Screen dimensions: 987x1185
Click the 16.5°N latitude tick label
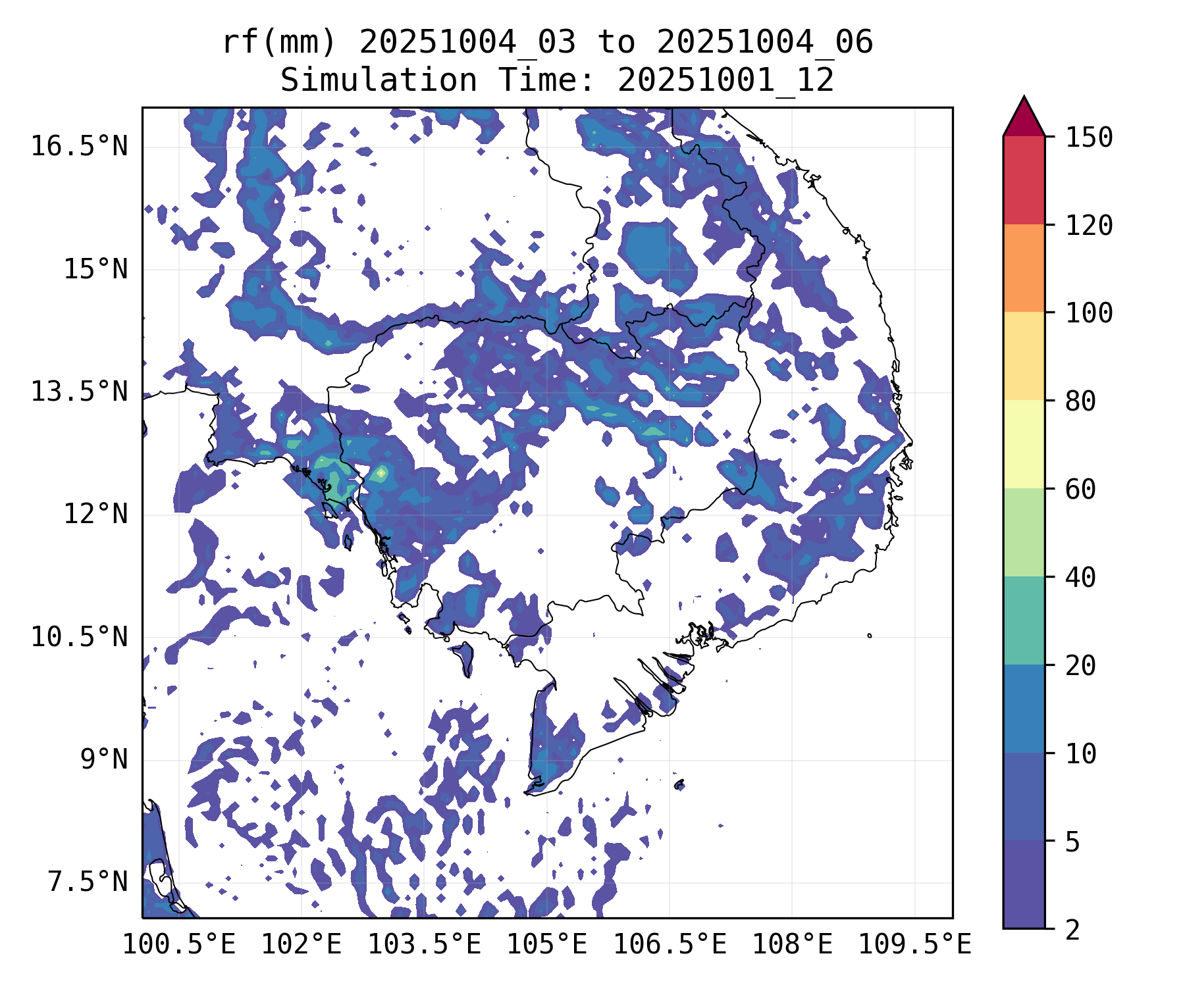79,146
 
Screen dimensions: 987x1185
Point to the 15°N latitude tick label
95,269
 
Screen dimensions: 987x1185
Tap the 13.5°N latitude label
79,392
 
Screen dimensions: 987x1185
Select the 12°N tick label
95,514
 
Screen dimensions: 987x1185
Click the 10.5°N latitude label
79,637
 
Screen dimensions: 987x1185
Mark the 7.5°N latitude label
88,882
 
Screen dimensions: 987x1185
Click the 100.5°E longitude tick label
179,945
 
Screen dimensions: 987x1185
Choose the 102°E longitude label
302,945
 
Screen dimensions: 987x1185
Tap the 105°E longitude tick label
546,945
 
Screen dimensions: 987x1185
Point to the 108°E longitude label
792,945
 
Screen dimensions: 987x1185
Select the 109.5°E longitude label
914,945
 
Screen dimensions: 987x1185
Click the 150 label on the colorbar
1089,138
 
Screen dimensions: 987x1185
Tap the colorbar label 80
1080,401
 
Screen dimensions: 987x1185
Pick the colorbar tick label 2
1072,930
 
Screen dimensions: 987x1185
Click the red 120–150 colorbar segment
1024,180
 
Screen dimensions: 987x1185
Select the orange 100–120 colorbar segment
1024,268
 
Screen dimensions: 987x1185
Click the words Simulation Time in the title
379,80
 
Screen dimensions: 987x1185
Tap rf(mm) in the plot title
278,43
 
